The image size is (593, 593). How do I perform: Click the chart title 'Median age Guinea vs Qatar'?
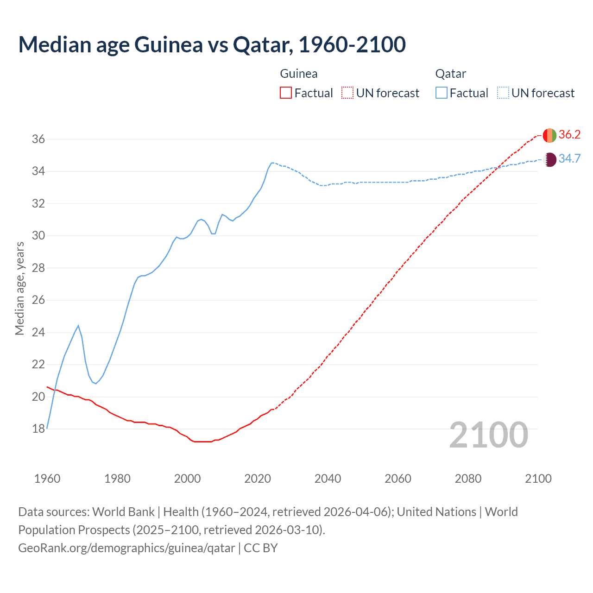(212, 44)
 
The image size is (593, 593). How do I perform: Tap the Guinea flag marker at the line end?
(549, 135)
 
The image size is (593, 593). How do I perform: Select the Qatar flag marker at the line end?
(549, 159)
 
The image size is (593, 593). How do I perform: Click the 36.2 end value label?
(569, 135)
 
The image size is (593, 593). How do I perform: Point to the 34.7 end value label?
(569, 159)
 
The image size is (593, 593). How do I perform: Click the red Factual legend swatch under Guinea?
(286, 93)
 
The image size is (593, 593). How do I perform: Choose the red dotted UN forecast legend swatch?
(347, 93)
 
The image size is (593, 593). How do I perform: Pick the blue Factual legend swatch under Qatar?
(441, 93)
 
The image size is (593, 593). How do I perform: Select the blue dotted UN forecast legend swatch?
(503, 93)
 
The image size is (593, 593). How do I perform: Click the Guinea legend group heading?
(299, 74)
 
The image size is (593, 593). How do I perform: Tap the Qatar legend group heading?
(450, 74)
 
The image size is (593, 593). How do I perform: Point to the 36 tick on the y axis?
(38, 139)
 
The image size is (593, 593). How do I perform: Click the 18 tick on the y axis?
(38, 429)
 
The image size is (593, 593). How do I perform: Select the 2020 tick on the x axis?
(258, 479)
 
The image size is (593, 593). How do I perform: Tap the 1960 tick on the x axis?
(47, 479)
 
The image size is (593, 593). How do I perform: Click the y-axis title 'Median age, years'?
(19, 288)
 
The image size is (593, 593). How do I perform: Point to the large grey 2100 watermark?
(488, 435)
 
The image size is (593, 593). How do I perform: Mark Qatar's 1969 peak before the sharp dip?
(78, 326)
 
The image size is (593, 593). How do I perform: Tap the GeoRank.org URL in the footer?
(126, 548)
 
